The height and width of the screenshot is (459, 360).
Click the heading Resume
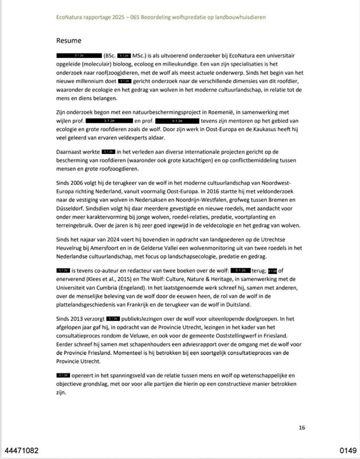point(70,41)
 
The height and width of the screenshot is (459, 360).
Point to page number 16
point(302,427)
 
